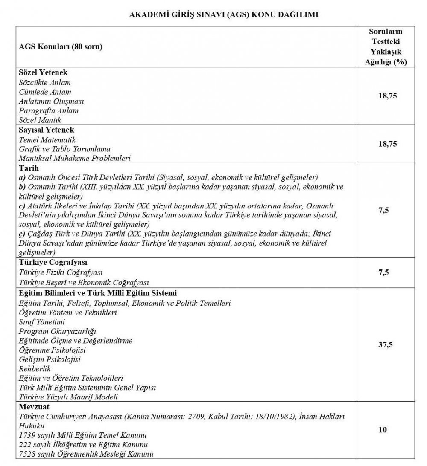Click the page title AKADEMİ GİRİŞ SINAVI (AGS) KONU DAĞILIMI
pyautogui.click(x=224, y=14)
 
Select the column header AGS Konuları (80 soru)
pyautogui.click(x=61, y=46)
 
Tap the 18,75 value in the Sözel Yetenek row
pyautogui.click(x=387, y=96)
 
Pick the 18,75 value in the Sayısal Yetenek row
pyautogui.click(x=387, y=144)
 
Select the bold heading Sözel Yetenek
pyautogui.click(x=44, y=73)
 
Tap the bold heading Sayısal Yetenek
pyautogui.click(x=47, y=130)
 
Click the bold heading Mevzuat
pyautogui.click(x=35, y=407)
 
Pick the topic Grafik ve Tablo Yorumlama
pyautogui.click(x=64, y=149)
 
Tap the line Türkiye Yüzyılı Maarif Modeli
pyautogui.click(x=68, y=397)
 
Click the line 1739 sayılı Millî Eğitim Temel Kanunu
pyautogui.click(x=83, y=435)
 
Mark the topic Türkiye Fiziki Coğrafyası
pyautogui.click(x=61, y=272)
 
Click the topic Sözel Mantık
pyautogui.click(x=41, y=120)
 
